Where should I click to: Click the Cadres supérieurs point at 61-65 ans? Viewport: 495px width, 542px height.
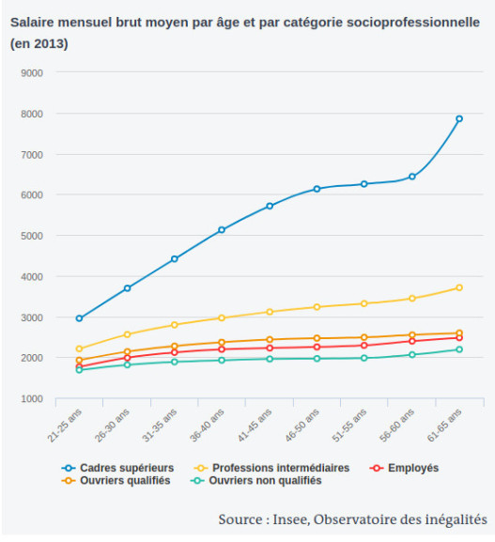(x=459, y=118)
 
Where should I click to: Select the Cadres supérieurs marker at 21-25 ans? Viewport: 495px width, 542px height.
(x=79, y=318)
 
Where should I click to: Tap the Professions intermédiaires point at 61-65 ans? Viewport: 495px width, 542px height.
(x=459, y=287)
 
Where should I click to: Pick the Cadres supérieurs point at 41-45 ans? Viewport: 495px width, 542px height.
(x=270, y=206)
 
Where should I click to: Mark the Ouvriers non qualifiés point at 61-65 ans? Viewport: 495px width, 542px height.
(x=459, y=349)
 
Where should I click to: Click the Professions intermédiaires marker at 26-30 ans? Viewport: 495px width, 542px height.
(x=127, y=334)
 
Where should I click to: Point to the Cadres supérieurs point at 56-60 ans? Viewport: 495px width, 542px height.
(x=412, y=177)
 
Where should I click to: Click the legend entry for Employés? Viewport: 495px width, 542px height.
(x=404, y=468)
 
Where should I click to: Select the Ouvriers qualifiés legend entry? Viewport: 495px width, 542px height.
(x=116, y=480)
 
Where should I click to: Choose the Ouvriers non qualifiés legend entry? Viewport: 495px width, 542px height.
(x=255, y=480)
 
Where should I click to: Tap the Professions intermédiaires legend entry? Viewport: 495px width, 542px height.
(x=271, y=468)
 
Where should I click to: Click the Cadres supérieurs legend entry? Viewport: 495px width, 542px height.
(x=117, y=468)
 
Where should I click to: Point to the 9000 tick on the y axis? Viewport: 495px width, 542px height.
(x=32, y=73)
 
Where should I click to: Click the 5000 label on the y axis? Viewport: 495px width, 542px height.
(x=32, y=236)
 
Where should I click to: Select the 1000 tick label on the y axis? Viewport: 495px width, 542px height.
(x=32, y=398)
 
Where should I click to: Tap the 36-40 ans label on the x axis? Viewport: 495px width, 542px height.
(x=207, y=426)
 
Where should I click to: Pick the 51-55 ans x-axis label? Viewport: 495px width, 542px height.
(x=349, y=426)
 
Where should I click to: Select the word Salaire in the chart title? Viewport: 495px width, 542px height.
(x=32, y=23)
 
